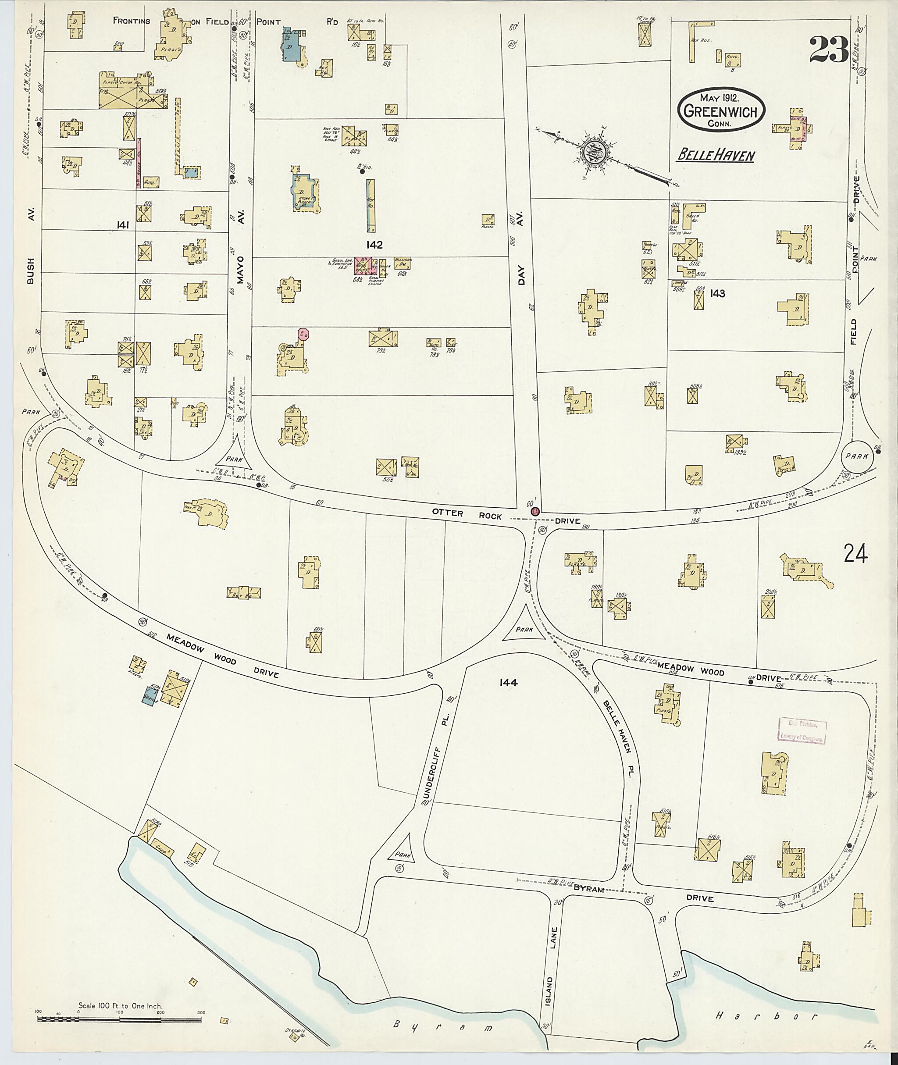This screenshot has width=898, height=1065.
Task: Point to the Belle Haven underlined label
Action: (x=715, y=156)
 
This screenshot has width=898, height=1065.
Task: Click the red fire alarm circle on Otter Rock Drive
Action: (x=535, y=511)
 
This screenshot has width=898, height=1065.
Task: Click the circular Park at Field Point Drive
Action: (x=857, y=456)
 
